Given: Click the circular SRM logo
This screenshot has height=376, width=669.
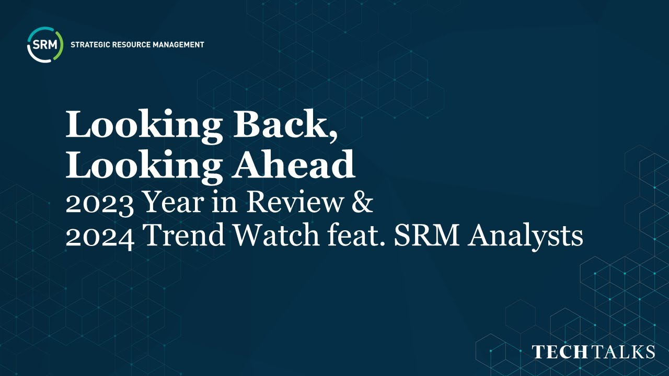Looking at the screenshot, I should (45, 45).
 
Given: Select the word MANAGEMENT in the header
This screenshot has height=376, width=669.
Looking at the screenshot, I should (178, 45).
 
